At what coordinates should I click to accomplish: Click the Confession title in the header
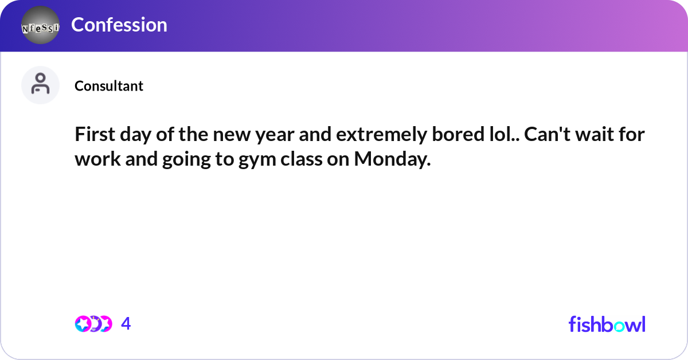[119, 25]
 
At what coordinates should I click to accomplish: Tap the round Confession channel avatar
[40, 25]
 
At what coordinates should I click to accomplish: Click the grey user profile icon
[40, 85]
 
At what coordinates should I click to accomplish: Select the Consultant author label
[109, 85]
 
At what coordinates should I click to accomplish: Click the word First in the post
[95, 134]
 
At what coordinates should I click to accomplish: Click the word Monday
[392, 159]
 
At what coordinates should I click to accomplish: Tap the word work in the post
[97, 159]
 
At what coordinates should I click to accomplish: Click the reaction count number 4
[126, 323]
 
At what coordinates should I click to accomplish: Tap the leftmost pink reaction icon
[83, 324]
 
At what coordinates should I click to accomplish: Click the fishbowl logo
[607, 324]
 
